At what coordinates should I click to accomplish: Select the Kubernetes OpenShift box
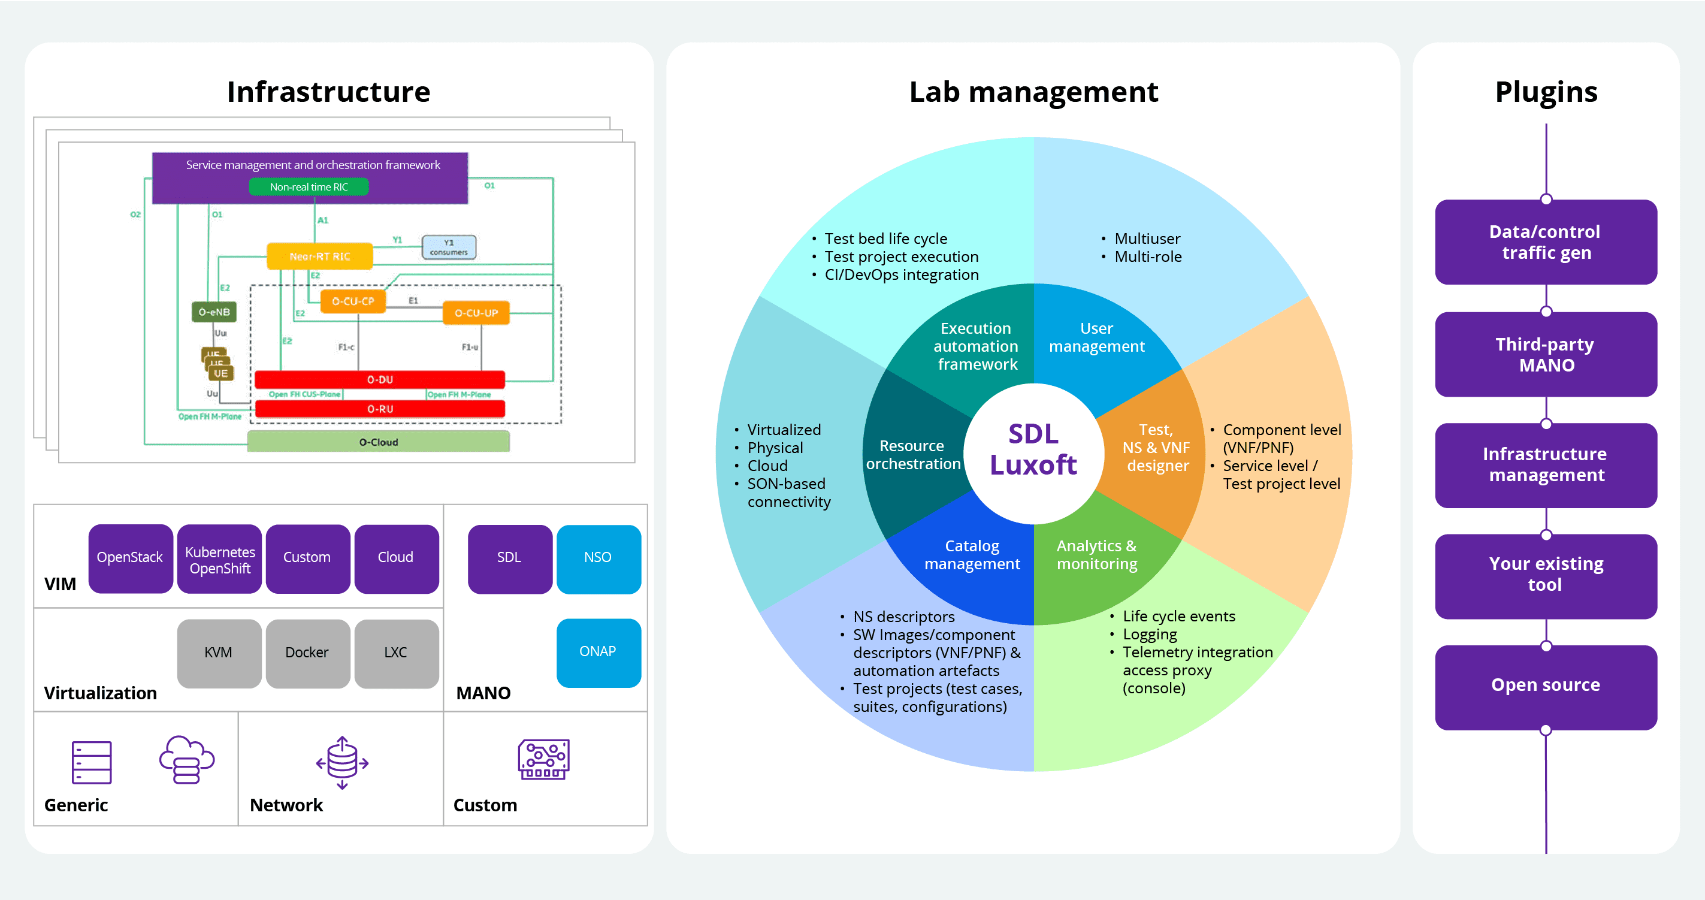tap(220, 559)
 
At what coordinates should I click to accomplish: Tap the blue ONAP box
tap(598, 653)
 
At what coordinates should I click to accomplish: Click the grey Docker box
tap(307, 653)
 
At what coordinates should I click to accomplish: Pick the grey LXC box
tap(396, 653)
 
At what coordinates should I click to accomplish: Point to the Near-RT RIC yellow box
tap(320, 256)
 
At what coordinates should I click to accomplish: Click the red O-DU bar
tap(380, 380)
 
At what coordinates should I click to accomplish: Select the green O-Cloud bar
tap(379, 442)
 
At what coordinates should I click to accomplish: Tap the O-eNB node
tap(214, 312)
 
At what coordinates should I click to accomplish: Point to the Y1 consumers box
tap(449, 247)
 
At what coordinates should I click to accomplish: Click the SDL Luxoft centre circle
tap(1033, 450)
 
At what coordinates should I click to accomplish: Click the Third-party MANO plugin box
tap(1546, 355)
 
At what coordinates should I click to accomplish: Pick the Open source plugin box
tap(1546, 685)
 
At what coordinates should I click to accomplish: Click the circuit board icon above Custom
tap(543, 760)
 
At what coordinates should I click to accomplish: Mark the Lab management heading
tap(1033, 92)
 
